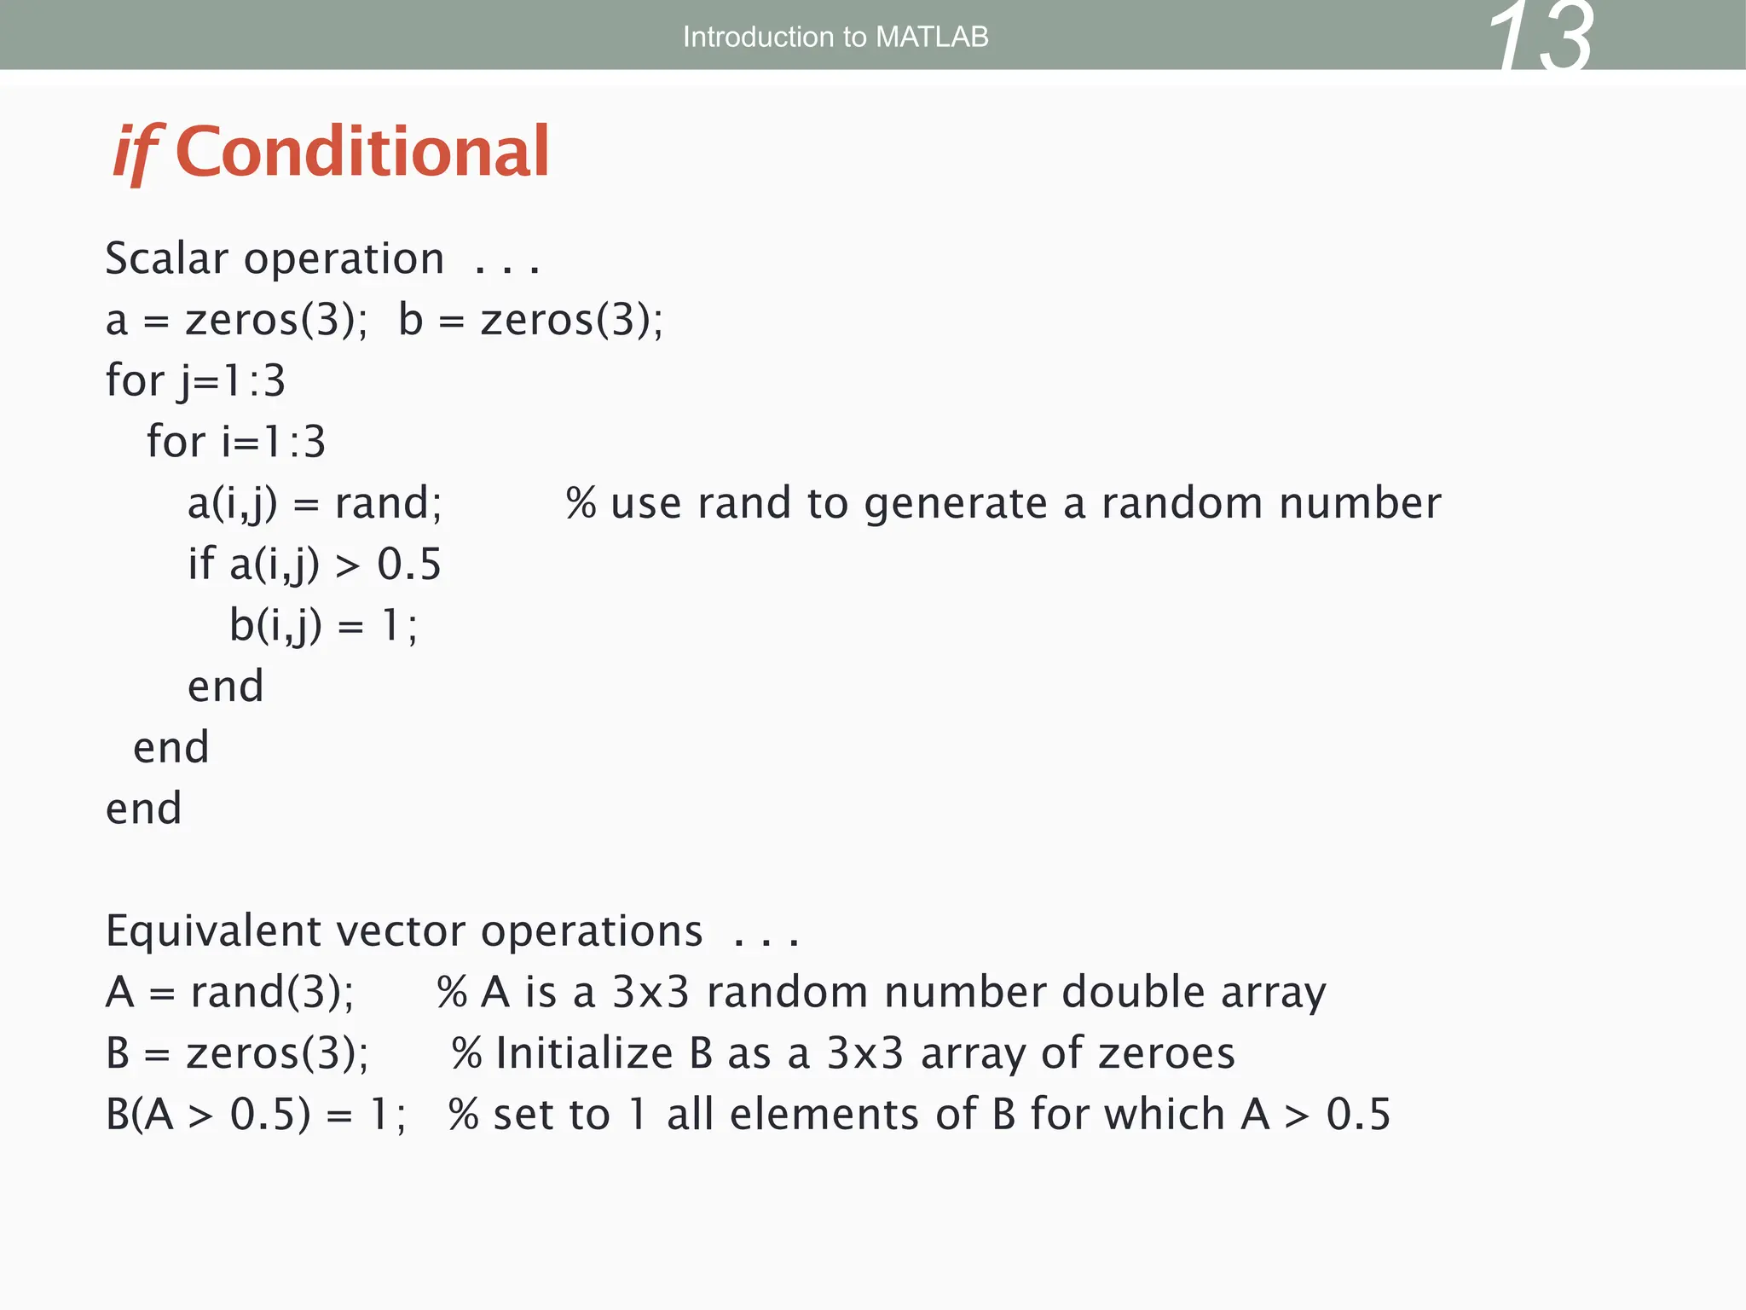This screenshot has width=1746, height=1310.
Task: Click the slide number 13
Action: [x=1540, y=38]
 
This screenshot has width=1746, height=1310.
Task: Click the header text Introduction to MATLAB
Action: [x=835, y=37]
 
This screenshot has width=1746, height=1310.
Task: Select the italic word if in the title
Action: [x=136, y=152]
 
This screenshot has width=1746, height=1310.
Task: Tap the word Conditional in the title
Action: [x=362, y=152]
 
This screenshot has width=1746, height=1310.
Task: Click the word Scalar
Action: [x=167, y=258]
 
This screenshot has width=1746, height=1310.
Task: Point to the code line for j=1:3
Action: [x=195, y=380]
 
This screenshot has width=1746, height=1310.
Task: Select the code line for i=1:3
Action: [x=236, y=442]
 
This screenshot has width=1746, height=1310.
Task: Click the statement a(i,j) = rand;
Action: [x=315, y=503]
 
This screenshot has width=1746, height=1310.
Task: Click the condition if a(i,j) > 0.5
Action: [x=315, y=565]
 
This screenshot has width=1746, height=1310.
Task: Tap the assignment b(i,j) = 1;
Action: [x=323, y=626]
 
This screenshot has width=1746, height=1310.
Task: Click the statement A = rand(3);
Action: [x=229, y=993]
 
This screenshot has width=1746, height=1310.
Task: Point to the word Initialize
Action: [x=584, y=1053]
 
